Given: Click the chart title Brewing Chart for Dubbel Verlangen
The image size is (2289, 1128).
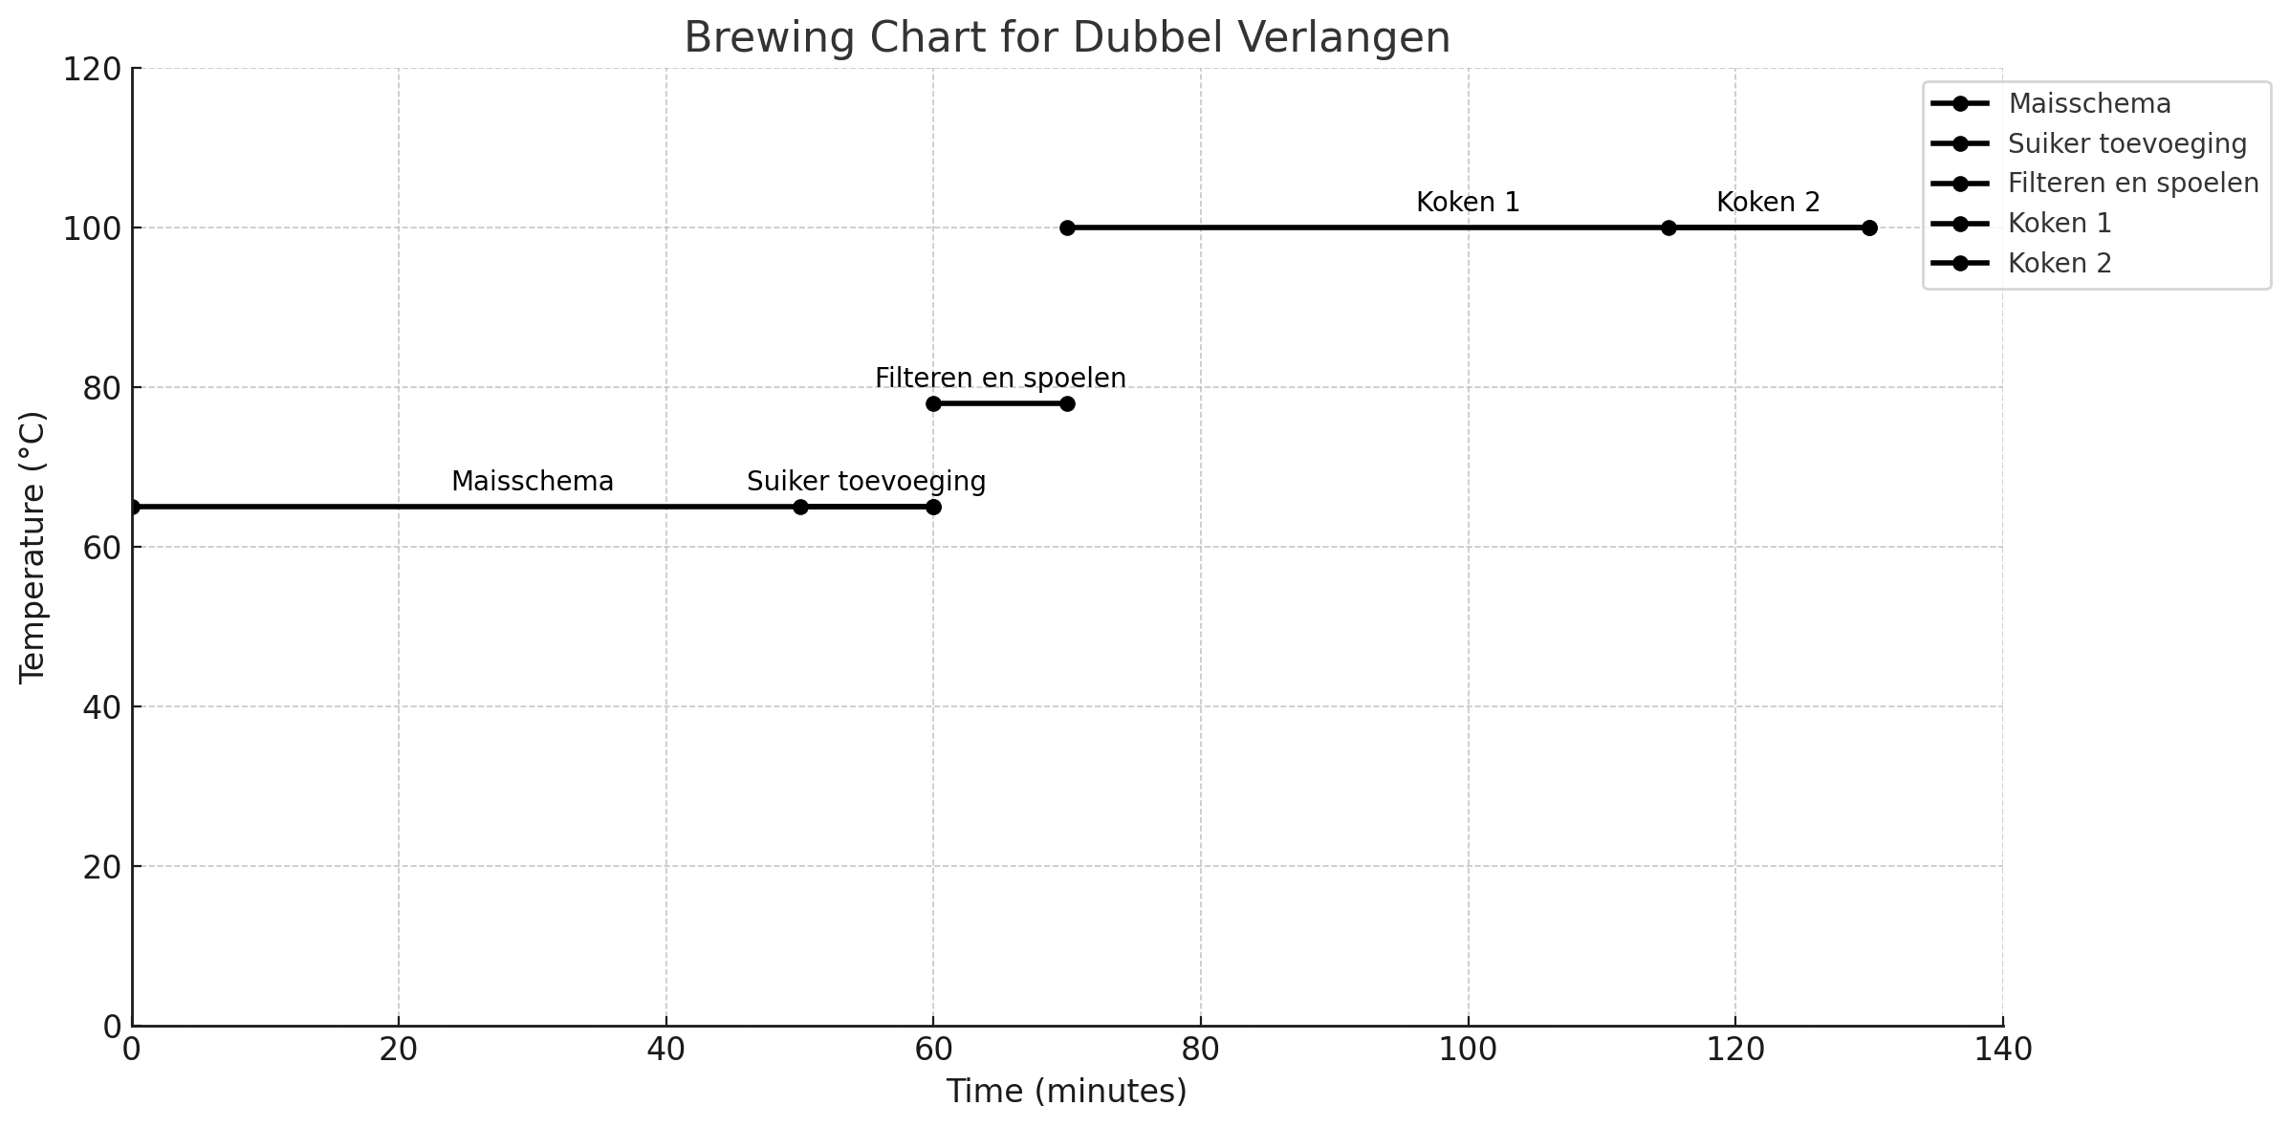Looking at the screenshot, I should coord(1067,38).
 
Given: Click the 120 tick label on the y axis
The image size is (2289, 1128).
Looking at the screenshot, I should coord(91,70).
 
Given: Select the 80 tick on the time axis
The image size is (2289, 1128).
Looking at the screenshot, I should coord(1200,1050).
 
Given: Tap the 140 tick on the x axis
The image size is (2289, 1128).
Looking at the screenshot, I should coord(2002,1050).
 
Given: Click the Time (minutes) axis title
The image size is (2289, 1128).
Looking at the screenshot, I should coord(1066,1091).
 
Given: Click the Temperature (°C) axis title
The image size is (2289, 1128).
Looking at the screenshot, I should coord(33,547).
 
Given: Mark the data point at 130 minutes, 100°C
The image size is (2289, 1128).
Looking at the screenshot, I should coord(1869,228).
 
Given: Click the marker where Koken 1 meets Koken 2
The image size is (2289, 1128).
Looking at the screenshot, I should coord(1668,228).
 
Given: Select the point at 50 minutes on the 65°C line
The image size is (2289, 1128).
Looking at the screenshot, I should coord(800,507).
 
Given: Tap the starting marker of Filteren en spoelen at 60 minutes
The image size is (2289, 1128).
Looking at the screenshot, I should coord(933,403).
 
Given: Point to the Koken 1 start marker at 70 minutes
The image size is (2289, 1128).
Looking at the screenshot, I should coord(1067,228).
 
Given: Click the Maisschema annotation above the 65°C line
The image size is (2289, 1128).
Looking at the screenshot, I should coord(532,482).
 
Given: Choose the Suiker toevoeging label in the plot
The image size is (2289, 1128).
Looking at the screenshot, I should coord(865,482).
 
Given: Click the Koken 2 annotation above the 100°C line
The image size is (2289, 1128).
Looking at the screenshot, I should coord(1768,203).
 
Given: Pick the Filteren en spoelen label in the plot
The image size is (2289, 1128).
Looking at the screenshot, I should coord(1000,379).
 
